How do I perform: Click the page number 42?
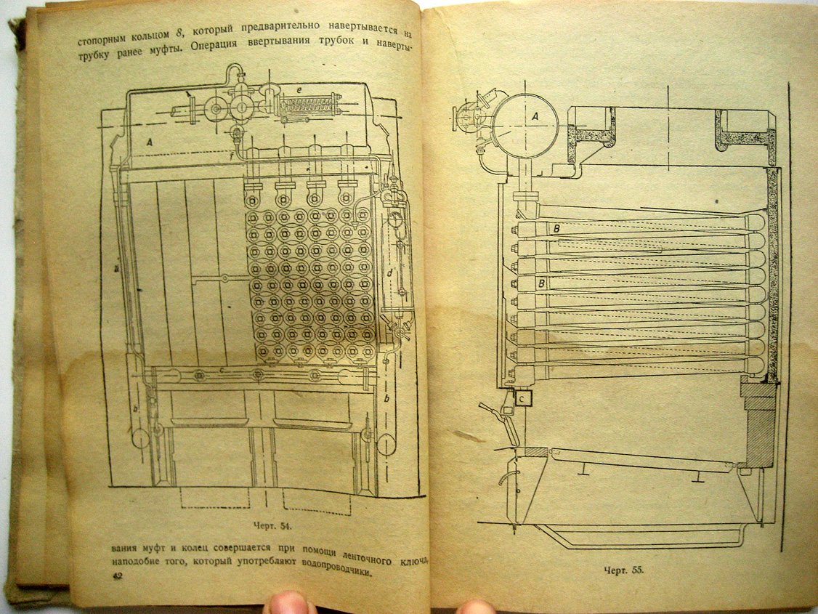pyautogui.click(x=118, y=576)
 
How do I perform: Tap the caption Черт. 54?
pyautogui.click(x=271, y=526)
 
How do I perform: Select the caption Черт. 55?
pyautogui.click(x=623, y=570)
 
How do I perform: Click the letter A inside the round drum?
pyautogui.click(x=535, y=117)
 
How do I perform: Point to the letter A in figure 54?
pyautogui.click(x=150, y=142)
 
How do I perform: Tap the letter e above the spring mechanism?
pyautogui.click(x=299, y=89)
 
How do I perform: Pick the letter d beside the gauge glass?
pyautogui.click(x=389, y=272)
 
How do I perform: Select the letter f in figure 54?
pyautogui.click(x=232, y=155)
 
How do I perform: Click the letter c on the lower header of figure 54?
pyautogui.click(x=222, y=370)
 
